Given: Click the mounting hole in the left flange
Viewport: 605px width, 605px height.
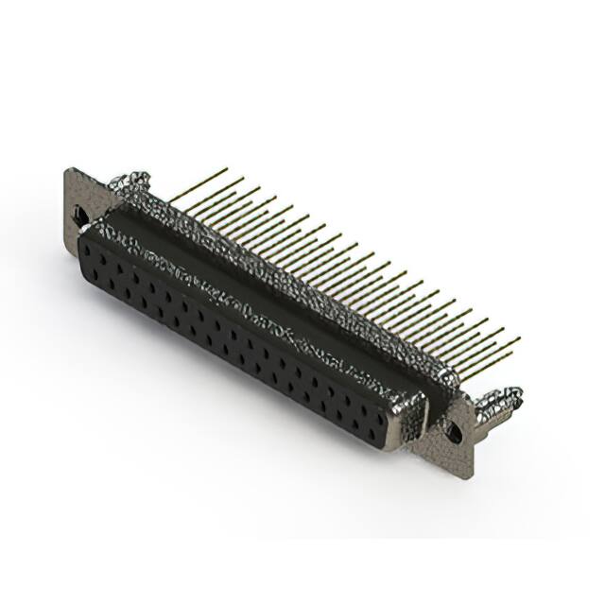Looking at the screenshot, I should [82, 217].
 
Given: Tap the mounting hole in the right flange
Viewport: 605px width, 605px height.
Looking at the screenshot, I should [455, 433].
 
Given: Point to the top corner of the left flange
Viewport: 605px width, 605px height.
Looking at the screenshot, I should [68, 170].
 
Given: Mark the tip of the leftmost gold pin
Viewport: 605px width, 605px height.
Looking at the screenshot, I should [227, 170].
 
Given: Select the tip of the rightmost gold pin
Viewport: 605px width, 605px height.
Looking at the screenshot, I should [519, 338].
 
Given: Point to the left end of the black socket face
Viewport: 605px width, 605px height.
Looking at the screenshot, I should [83, 255].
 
